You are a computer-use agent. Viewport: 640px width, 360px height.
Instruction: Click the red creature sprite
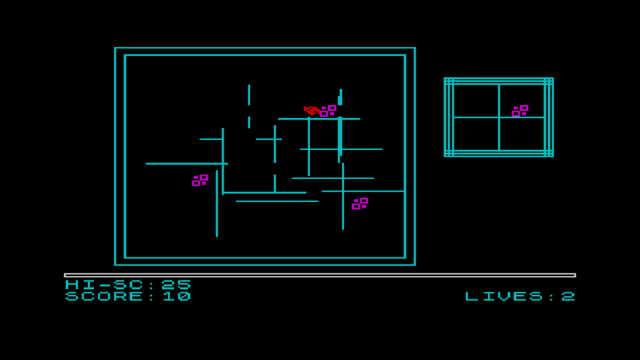[x=311, y=110]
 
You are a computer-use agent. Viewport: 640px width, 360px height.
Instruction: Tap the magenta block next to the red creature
[x=328, y=111]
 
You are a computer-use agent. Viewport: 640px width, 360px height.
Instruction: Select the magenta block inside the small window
[x=520, y=111]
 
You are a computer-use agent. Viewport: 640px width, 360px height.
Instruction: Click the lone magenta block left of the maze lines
[x=200, y=180]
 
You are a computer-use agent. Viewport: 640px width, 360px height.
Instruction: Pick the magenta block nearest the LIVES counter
[x=359, y=203]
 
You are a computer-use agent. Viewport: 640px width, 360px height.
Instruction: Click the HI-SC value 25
[x=176, y=284]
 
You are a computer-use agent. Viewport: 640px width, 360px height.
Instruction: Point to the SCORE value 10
[x=177, y=296]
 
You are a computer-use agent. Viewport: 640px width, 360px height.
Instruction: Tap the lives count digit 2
[x=568, y=296]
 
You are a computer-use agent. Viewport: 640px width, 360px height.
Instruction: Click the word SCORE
[x=104, y=296]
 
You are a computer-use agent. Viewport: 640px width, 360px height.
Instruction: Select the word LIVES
[x=503, y=296]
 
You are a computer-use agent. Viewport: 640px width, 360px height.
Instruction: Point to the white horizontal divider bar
[x=320, y=275]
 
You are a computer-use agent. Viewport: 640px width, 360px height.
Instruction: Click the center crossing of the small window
[x=499, y=117]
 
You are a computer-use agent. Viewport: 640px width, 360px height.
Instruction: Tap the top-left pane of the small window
[x=476, y=100]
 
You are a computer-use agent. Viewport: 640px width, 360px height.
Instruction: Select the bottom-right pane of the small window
[x=522, y=133]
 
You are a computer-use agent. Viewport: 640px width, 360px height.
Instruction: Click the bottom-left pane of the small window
[x=476, y=133]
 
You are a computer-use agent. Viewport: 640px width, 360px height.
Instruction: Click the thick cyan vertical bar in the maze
[x=340, y=136]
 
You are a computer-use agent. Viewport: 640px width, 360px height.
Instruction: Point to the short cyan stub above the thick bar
[x=340, y=97]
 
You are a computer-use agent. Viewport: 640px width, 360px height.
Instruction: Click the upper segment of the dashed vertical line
[x=249, y=95]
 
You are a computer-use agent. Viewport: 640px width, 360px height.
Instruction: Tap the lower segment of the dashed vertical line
[x=249, y=122]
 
